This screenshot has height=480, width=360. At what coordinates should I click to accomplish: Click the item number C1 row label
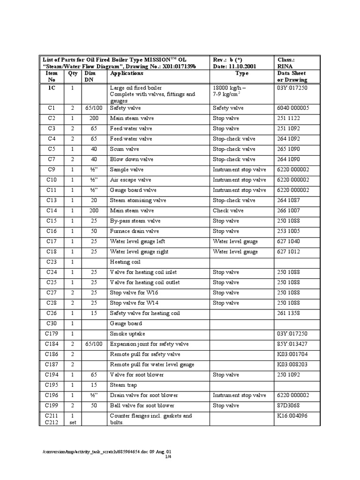(x=51, y=108)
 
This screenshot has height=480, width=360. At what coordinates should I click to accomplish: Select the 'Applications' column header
(x=127, y=74)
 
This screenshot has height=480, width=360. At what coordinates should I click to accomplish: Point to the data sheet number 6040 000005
(x=293, y=108)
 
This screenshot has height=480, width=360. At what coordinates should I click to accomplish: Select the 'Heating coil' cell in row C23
(x=125, y=262)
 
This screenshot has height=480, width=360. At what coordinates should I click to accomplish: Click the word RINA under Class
(x=285, y=67)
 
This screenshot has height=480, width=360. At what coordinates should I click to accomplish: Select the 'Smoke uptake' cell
(x=127, y=334)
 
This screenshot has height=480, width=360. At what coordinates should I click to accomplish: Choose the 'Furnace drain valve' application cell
(x=135, y=231)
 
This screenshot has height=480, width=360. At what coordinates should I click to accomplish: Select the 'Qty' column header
(x=72, y=74)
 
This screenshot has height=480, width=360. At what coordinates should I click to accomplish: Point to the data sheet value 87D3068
(x=289, y=405)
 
